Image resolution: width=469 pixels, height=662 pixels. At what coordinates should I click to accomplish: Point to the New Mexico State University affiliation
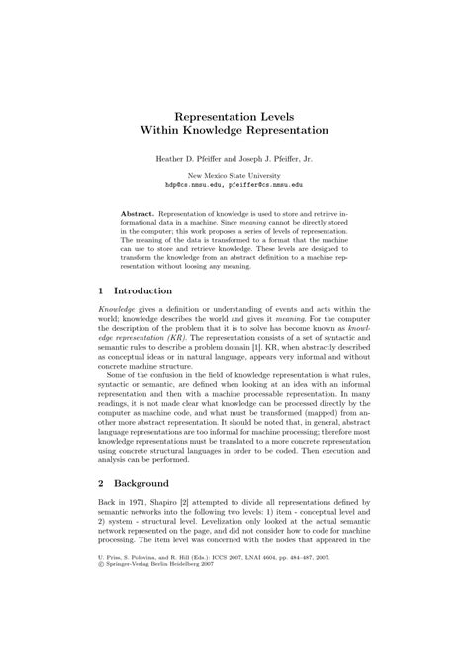point(234,175)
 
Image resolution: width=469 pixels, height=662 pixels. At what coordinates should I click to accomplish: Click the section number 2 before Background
point(102,485)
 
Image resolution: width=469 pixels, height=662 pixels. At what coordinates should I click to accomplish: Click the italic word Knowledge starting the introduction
point(120,311)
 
